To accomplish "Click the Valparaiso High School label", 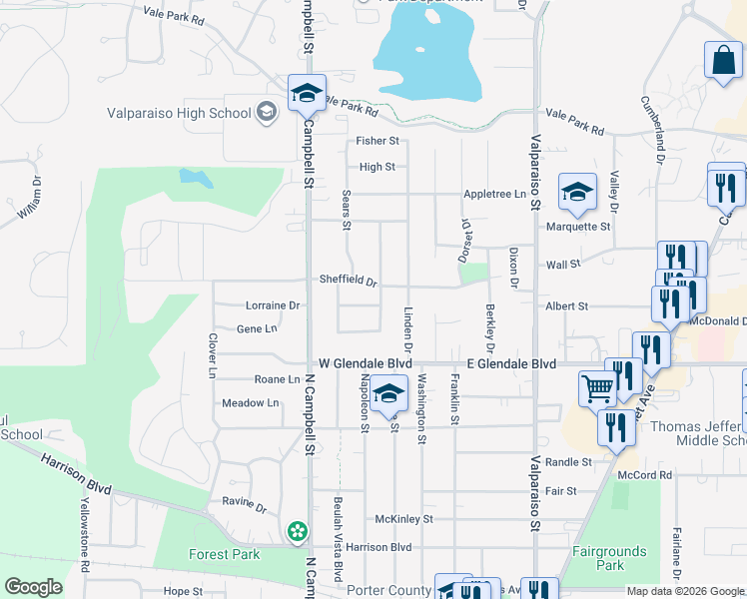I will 180,113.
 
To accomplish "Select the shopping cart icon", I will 598,387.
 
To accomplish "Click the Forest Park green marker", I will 297,532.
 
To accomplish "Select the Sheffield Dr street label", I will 348,281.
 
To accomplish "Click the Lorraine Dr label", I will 273,305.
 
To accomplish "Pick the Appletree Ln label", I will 494,194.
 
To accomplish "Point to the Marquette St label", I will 577,227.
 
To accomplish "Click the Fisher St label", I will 378,142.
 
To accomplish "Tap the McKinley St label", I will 403,519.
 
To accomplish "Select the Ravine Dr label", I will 246,508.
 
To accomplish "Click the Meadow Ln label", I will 250,403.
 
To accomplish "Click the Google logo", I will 32,587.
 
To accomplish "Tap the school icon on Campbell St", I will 307,94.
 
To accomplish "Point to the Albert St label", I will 566,305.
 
